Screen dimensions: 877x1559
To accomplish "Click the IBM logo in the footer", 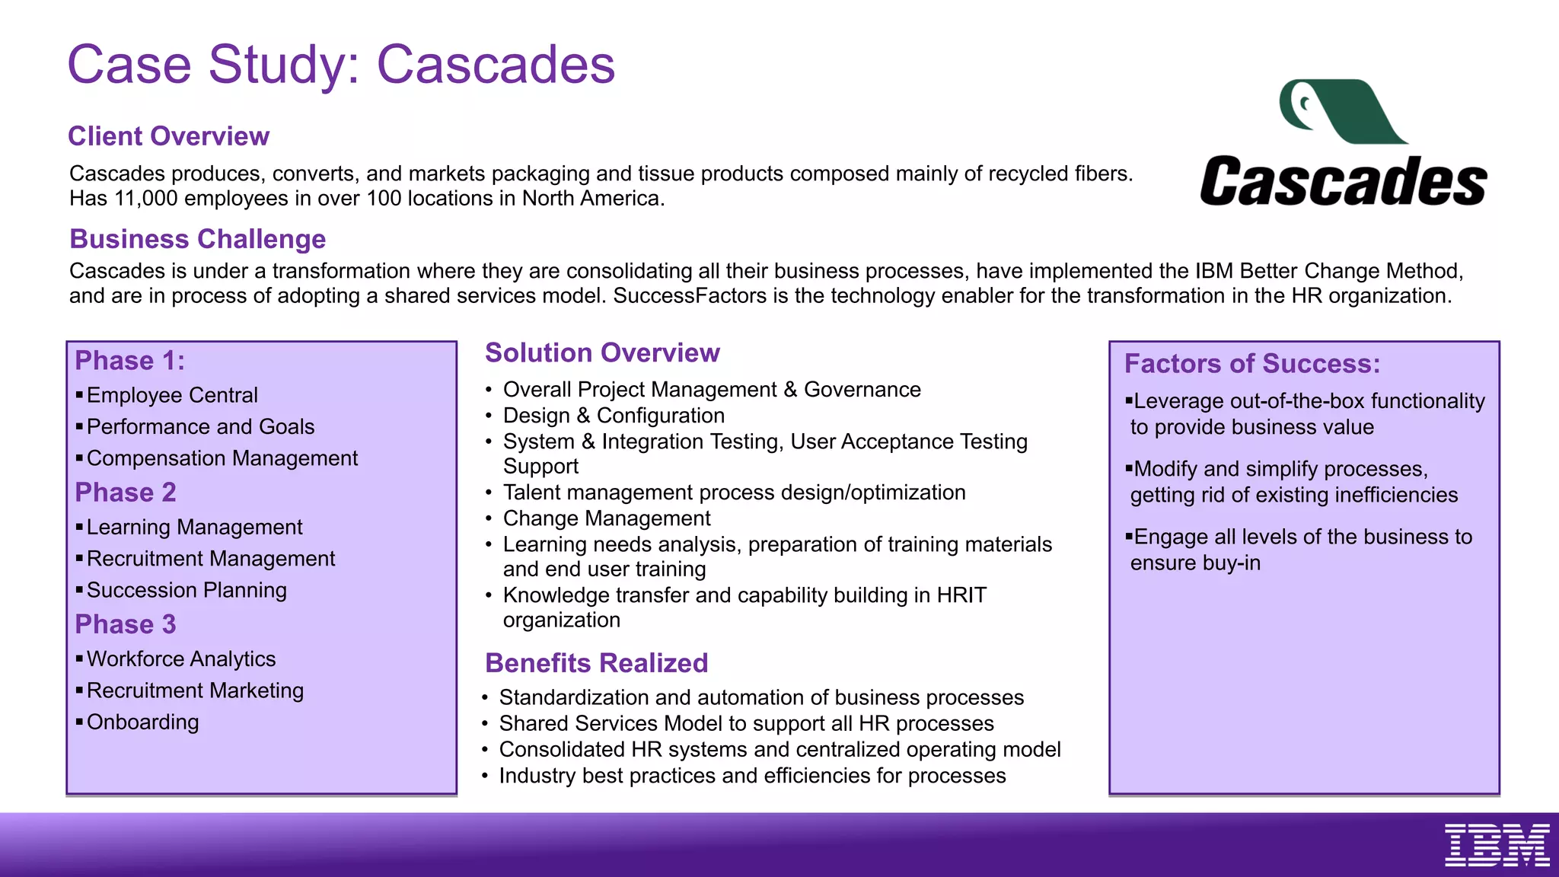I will (1497, 844).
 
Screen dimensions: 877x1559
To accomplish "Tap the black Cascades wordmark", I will (1343, 181).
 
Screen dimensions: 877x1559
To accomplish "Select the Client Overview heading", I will (168, 136).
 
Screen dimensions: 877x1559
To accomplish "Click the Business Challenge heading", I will (197, 239).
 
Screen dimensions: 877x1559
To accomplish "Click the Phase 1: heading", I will (129, 361).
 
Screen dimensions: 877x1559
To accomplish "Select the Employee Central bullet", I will (172, 395).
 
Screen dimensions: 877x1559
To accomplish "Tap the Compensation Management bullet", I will (222, 458).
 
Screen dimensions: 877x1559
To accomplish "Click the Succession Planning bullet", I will (187, 590).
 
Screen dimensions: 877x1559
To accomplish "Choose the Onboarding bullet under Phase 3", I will (142, 722).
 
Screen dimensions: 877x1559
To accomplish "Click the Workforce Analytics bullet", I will (181, 659).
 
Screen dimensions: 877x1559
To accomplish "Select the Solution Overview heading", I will (602, 353).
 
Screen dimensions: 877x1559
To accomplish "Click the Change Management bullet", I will (607, 518).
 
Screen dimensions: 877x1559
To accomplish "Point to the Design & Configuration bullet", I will (614, 416).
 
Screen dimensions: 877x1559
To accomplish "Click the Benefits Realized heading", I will (596, 663).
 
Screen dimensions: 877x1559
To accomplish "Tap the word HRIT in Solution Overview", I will (961, 595).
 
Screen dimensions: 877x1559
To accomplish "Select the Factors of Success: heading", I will (1251, 364).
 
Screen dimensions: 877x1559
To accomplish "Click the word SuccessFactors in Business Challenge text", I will (690, 296).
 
